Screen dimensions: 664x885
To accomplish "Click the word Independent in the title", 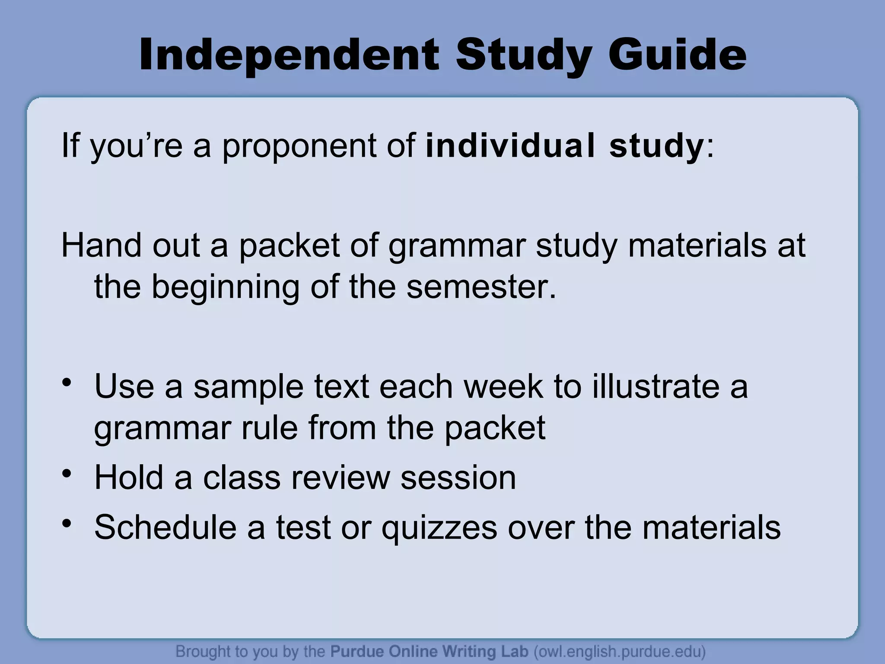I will click(x=289, y=55).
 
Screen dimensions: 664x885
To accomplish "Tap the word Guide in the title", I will click(x=677, y=55).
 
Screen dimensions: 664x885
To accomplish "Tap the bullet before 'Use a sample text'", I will click(x=66, y=382).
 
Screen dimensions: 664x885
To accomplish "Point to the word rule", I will click(x=269, y=428).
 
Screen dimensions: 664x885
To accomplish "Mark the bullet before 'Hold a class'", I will click(x=66, y=474).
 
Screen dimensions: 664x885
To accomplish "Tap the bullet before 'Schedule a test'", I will click(x=66, y=524).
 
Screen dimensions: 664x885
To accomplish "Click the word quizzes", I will click(x=439, y=528).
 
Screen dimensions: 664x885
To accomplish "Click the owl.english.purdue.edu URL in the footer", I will click(x=620, y=651).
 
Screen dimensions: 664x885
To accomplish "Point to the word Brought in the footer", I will click(x=203, y=651).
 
